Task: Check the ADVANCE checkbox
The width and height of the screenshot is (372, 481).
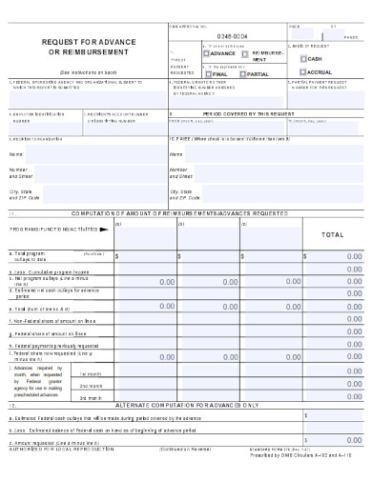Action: pyautogui.click(x=206, y=53)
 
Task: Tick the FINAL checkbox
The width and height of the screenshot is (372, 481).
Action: pyautogui.click(x=206, y=71)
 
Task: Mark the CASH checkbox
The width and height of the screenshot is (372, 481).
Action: pyautogui.click(x=303, y=58)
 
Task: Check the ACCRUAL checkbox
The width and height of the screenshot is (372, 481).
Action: pyautogui.click(x=303, y=71)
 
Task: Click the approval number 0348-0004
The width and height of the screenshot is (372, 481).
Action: pyautogui.click(x=233, y=35)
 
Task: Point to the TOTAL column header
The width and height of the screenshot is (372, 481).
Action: pyautogui.click(x=332, y=233)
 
